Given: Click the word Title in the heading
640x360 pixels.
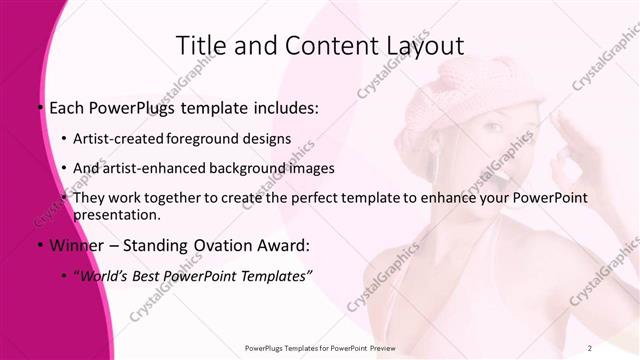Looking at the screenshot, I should [x=200, y=46].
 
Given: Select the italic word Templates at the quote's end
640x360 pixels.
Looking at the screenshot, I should [x=267, y=275].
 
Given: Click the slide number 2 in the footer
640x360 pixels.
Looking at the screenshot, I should [x=590, y=347].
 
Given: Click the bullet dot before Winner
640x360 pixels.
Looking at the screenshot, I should [x=40, y=246].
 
